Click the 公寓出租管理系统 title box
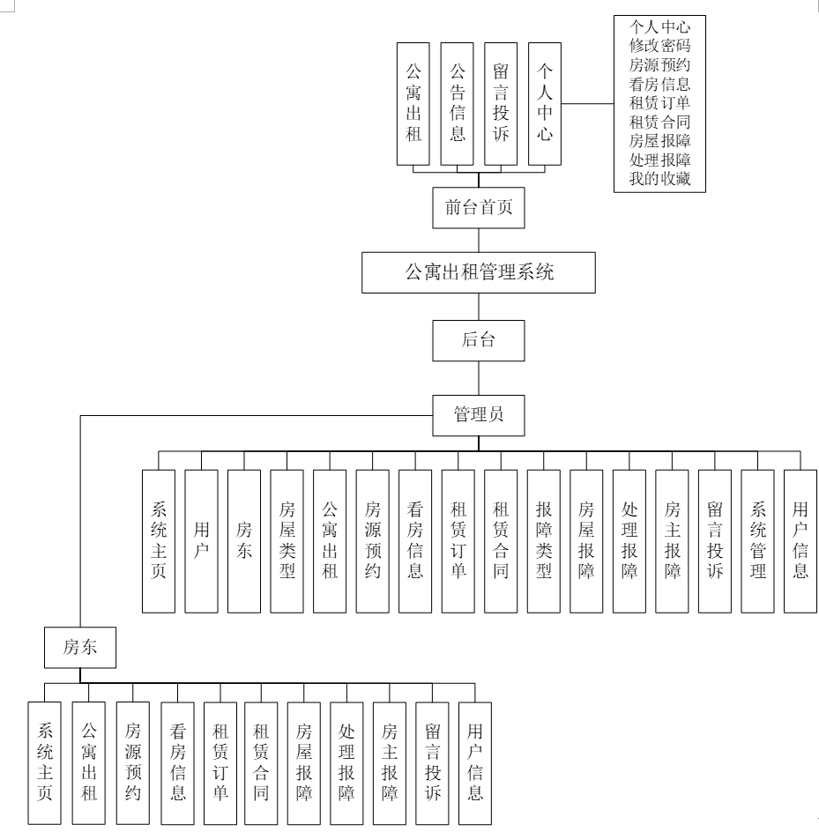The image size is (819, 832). pyautogui.click(x=479, y=272)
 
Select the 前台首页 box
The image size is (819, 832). pyautogui.click(x=479, y=209)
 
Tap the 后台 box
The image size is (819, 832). pyautogui.click(x=479, y=339)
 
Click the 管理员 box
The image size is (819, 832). pyautogui.click(x=479, y=414)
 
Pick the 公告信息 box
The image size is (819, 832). pyautogui.click(x=458, y=103)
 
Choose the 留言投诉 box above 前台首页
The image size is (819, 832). pyautogui.click(x=501, y=103)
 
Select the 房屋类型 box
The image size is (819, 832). pyautogui.click(x=287, y=540)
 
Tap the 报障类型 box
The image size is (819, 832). pyautogui.click(x=544, y=540)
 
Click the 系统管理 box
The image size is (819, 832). pyautogui.click(x=758, y=540)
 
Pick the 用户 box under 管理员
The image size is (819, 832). pyautogui.click(x=201, y=540)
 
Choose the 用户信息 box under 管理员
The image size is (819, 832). pyautogui.click(x=800, y=540)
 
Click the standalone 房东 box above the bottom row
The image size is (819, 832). pyautogui.click(x=79, y=647)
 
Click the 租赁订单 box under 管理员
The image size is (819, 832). pyautogui.click(x=458, y=540)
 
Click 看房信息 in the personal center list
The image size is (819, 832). pyautogui.click(x=660, y=85)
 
